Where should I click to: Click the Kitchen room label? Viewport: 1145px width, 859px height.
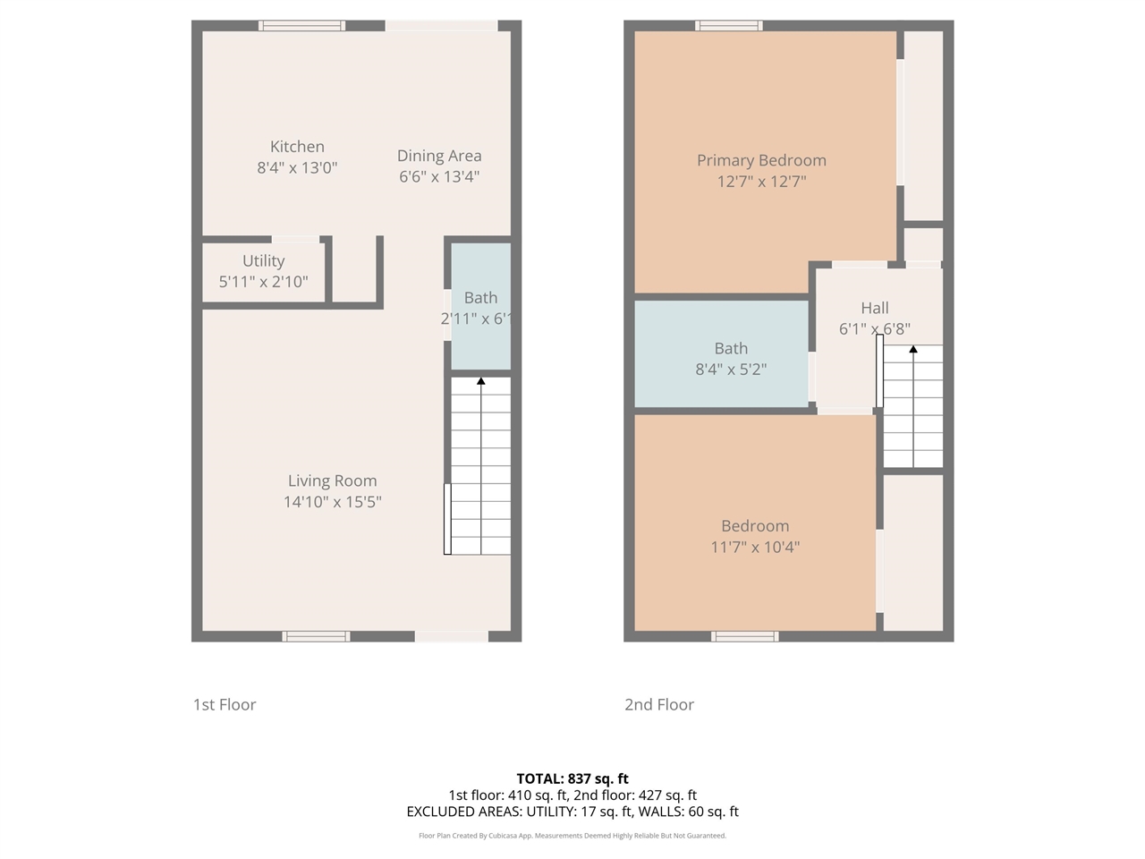(x=297, y=147)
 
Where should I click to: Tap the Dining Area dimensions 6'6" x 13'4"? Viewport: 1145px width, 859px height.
(x=439, y=176)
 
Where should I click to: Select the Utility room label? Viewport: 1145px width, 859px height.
(x=263, y=260)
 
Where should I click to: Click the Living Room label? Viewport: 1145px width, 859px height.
(x=332, y=481)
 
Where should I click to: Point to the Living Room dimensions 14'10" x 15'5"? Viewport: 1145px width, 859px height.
(x=332, y=502)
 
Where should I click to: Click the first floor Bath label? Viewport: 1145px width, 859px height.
(x=480, y=298)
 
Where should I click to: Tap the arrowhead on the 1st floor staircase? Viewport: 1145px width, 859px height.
(x=481, y=381)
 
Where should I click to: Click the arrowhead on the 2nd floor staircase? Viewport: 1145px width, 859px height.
(x=912, y=350)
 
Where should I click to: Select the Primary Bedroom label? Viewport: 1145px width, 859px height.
(x=761, y=160)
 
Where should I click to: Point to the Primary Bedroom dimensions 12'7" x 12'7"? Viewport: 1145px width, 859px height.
(x=761, y=182)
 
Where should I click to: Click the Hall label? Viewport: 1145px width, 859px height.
(x=874, y=308)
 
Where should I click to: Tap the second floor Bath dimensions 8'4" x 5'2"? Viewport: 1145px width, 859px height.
(x=731, y=370)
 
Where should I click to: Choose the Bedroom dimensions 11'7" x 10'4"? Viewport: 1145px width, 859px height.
(x=755, y=547)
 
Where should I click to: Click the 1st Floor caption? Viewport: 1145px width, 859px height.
(x=225, y=704)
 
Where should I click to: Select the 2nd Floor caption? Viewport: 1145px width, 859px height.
(x=659, y=704)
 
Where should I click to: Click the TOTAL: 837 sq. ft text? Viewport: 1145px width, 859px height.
(x=572, y=778)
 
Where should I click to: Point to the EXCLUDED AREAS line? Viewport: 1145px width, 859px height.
(x=572, y=812)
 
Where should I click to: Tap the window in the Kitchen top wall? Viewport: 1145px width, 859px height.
(x=301, y=26)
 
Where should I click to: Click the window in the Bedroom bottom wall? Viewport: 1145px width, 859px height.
(x=744, y=636)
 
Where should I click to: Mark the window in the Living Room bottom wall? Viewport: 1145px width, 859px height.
(x=316, y=636)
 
